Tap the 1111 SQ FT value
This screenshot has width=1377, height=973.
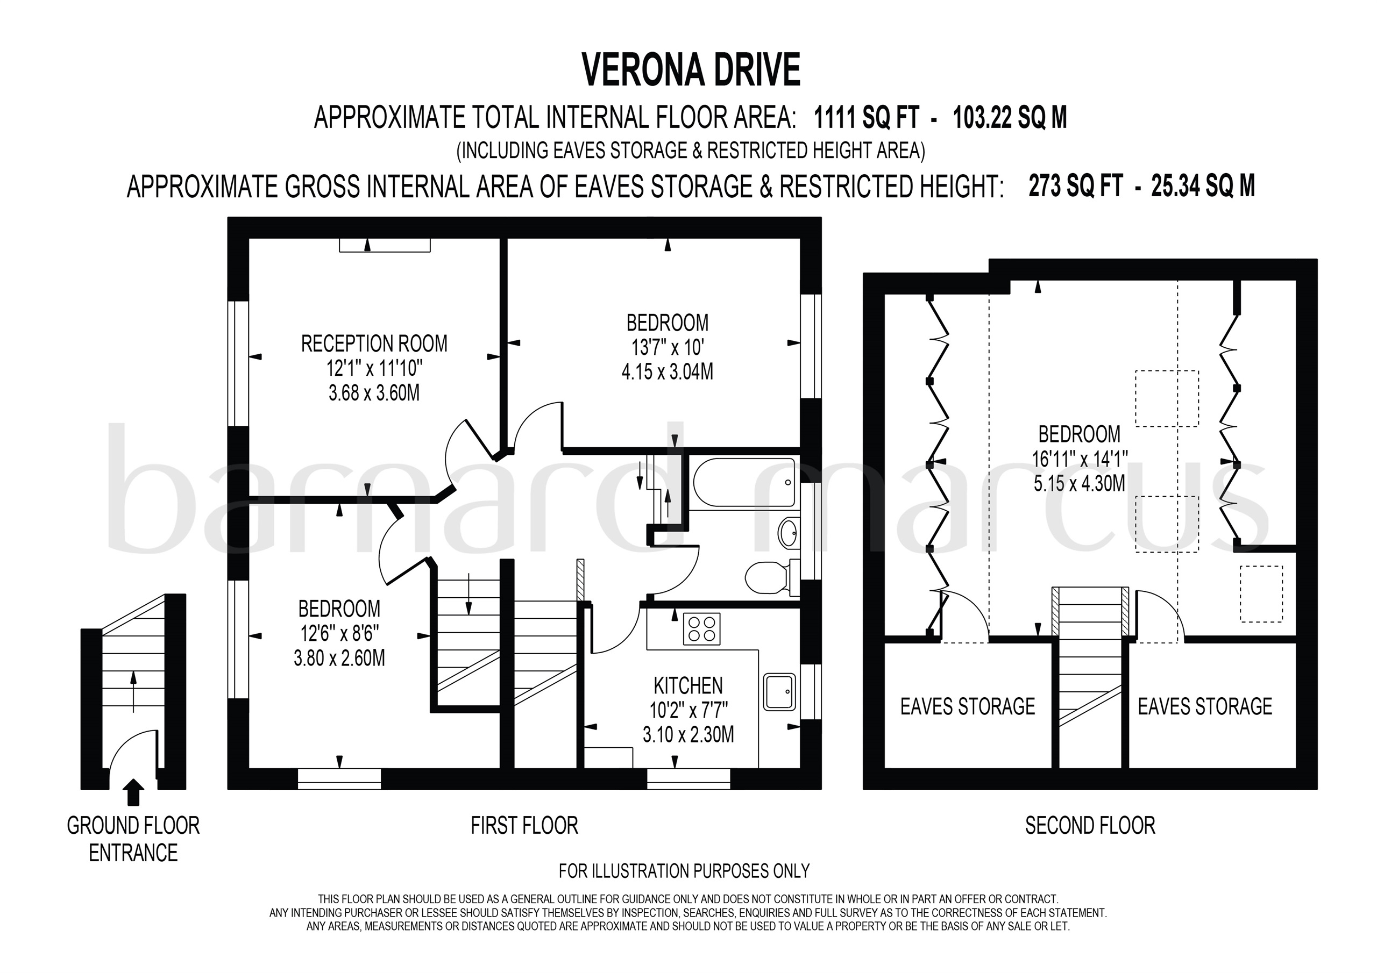[x=865, y=118]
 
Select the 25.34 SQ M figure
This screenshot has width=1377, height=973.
[x=1203, y=187]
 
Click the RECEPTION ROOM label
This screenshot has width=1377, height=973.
[x=374, y=344]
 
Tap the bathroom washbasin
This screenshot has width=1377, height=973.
[x=788, y=532]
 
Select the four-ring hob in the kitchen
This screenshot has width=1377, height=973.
[x=701, y=629]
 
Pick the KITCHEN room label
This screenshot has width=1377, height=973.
[x=688, y=685]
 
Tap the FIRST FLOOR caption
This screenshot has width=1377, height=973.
[x=524, y=826]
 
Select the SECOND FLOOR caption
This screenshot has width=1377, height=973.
[x=1090, y=826]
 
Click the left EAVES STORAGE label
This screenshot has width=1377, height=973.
[x=967, y=707]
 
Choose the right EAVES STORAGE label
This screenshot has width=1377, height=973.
[x=1205, y=707]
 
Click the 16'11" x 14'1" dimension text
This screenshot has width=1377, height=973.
[x=1080, y=459]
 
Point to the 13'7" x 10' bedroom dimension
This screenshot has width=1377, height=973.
[x=667, y=348]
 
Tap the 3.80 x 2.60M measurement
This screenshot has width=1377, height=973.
[x=339, y=659]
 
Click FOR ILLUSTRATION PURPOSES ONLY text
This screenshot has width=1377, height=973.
[x=684, y=871]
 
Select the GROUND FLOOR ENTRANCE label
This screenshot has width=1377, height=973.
[x=133, y=839]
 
